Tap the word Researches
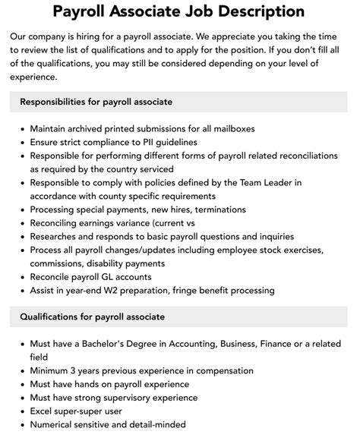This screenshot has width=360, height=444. click(58, 235)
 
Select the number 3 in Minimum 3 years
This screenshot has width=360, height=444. click(75, 370)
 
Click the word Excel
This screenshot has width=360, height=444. click(43, 411)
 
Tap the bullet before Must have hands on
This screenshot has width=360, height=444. click(22, 383)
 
